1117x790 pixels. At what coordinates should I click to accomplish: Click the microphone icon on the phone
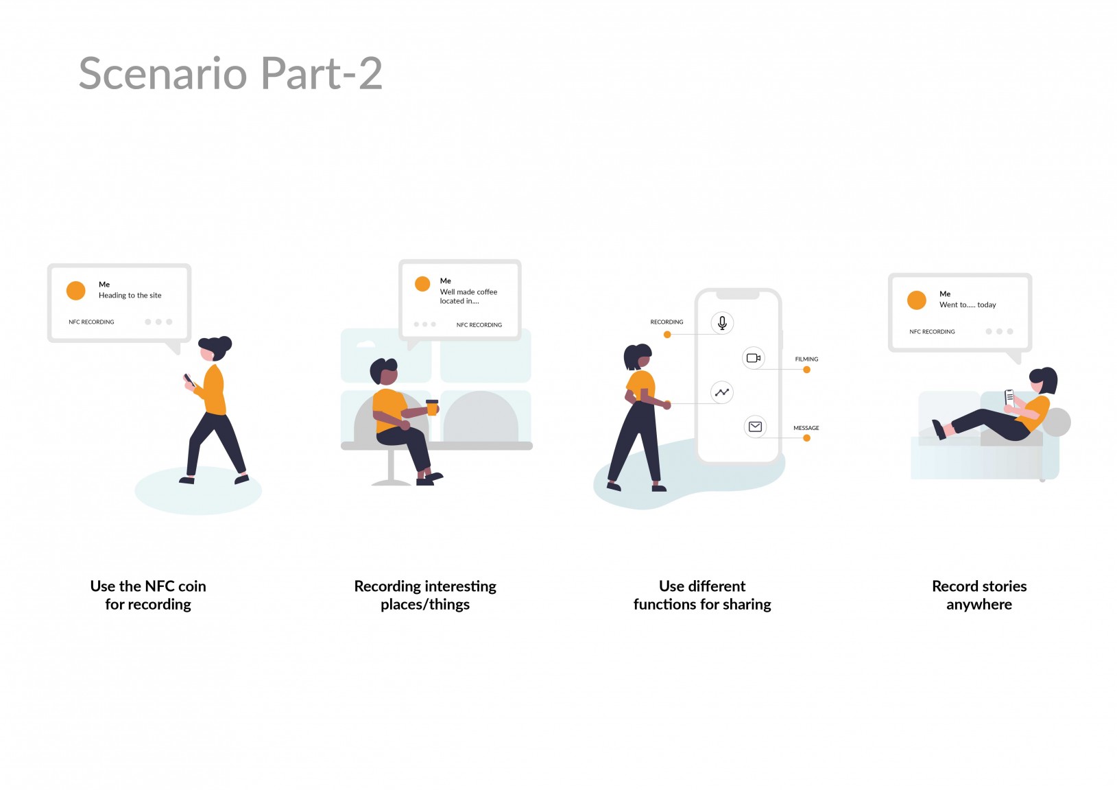722,323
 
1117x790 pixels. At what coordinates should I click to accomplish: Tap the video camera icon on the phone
754,358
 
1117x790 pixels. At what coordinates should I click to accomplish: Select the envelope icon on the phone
755,427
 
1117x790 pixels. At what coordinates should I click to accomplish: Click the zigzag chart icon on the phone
721,392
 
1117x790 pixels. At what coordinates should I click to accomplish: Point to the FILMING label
806,359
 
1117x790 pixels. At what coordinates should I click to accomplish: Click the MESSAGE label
806,428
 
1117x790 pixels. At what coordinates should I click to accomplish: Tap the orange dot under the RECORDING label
667,335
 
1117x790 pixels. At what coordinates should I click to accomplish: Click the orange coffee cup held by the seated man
432,407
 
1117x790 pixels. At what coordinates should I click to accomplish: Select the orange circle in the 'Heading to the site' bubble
76,291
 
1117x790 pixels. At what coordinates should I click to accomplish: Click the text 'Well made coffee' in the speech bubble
468,291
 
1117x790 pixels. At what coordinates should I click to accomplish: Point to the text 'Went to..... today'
968,304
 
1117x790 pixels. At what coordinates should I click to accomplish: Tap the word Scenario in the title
163,73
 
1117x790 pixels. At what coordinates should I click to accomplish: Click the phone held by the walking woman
189,380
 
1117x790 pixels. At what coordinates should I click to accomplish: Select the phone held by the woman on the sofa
1009,398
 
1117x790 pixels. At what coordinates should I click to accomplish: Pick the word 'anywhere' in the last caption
979,604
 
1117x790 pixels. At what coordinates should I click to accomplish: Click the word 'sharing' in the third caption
747,605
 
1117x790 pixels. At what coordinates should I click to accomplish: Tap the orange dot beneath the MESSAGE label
807,438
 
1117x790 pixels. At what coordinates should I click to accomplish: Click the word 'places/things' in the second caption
425,605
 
